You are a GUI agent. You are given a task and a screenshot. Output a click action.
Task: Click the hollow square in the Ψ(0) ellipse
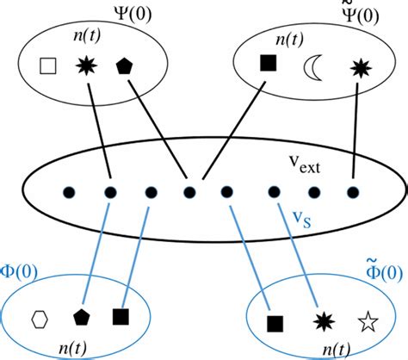(x=49, y=65)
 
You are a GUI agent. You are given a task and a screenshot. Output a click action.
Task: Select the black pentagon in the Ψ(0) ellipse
(x=123, y=65)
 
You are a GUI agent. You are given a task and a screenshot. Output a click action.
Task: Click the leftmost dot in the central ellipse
(x=67, y=191)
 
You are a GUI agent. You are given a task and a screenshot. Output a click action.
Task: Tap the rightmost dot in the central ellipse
(x=353, y=191)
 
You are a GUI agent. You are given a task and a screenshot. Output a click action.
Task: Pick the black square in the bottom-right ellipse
(x=275, y=323)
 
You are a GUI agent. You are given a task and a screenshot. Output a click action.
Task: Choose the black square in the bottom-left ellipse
(x=121, y=316)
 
